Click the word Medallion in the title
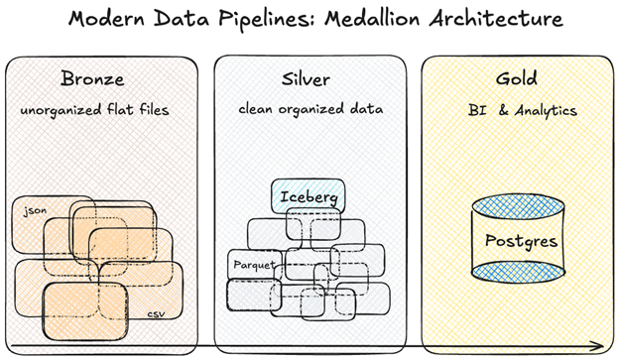(372, 18)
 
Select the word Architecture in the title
(496, 18)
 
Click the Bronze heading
(92, 78)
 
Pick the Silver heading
(306, 79)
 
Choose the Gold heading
(517, 78)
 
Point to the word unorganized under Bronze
(61, 110)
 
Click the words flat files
(138, 109)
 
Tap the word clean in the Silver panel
(255, 108)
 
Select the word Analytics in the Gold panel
(546, 110)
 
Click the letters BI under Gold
(477, 110)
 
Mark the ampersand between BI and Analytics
(503, 110)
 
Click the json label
(35, 211)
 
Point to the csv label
(157, 314)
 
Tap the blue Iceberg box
(308, 196)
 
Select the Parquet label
(254, 265)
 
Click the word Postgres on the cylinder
(521, 241)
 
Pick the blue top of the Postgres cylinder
(518, 206)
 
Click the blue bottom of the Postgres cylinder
(518, 272)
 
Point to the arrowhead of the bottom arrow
(598, 346)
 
